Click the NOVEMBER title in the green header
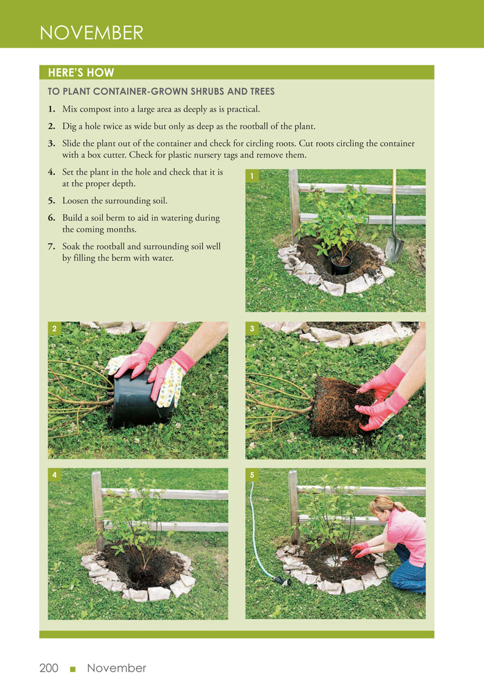point(91,33)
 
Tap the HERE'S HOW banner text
point(81,73)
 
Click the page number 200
point(49,668)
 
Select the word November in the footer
point(116,668)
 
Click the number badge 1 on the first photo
point(252,176)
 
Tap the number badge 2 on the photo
point(54,329)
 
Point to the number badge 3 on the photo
point(252,329)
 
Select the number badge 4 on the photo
point(54,475)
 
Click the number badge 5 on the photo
point(252,475)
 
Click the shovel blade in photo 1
point(394,249)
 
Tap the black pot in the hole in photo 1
point(341,264)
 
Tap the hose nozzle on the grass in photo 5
point(281,580)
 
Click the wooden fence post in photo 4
point(98,512)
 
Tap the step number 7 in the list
point(51,246)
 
